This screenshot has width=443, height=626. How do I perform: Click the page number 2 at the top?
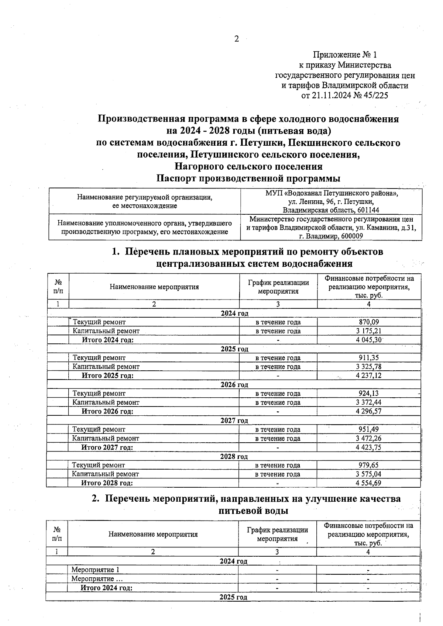[x=237, y=39]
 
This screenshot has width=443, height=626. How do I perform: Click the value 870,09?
[x=369, y=322]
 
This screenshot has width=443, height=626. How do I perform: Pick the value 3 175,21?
[x=369, y=331]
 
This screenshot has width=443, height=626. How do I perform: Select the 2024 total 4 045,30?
[x=369, y=340]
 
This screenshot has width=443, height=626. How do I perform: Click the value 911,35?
[x=369, y=358]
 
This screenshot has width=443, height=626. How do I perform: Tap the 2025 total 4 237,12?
[x=369, y=376]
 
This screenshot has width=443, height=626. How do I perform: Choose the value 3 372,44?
[x=369, y=402]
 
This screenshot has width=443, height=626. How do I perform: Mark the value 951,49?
[x=369, y=429]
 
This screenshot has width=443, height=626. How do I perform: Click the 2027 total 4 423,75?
[x=369, y=447]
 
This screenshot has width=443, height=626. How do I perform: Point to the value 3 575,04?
[x=369, y=474]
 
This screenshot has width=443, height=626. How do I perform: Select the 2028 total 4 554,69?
[x=369, y=483]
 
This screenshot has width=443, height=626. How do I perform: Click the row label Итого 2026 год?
[x=107, y=411]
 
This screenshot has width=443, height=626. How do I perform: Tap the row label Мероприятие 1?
[x=95, y=570]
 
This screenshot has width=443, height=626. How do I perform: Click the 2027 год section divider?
[x=234, y=421]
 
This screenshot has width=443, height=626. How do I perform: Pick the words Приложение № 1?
[x=345, y=55]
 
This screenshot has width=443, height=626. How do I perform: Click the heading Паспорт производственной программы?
[x=248, y=179]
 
